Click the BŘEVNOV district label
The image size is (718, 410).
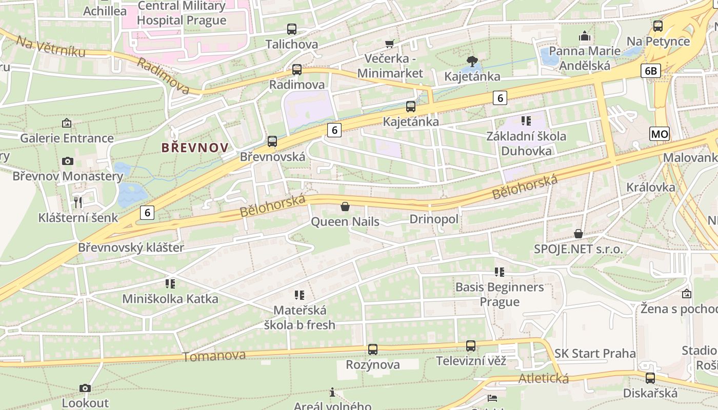point(195,148)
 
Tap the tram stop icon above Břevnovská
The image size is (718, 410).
point(272,141)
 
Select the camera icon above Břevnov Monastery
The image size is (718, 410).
point(67,161)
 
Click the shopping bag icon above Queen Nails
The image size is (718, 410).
point(345,207)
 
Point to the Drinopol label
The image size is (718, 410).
point(434,219)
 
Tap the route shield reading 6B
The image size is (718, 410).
point(650,71)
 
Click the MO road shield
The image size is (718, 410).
point(659,134)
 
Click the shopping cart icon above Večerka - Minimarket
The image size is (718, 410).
point(390,44)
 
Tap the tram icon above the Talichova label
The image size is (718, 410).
point(292,29)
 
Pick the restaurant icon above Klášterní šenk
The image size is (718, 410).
point(78,202)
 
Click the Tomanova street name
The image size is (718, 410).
point(214,356)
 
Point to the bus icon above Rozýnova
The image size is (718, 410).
point(373,350)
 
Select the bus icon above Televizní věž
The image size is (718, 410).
point(471,346)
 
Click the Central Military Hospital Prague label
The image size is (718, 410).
point(182,13)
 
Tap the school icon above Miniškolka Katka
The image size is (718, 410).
point(170,283)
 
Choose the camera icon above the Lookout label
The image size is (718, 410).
point(85,388)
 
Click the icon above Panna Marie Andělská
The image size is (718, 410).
point(584,36)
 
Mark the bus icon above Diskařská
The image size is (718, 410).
point(650,378)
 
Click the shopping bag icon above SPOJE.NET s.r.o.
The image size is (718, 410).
point(579,234)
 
